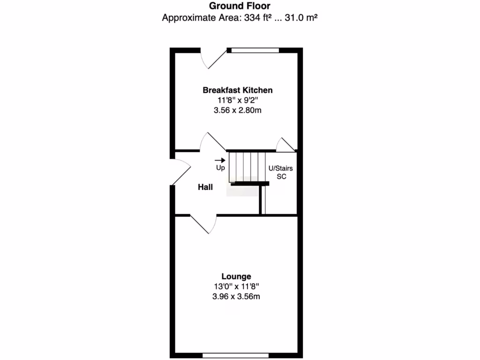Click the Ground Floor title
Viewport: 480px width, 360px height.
[x=240, y=6]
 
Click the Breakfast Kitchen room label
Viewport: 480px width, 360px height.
[x=237, y=90]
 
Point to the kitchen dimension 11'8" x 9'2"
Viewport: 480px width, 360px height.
[x=237, y=100]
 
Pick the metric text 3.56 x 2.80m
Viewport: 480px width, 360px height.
[x=237, y=111]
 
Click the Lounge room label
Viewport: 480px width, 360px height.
[x=236, y=277]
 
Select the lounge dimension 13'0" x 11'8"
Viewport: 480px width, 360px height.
[x=236, y=286]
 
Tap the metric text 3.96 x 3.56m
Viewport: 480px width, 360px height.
[x=236, y=296]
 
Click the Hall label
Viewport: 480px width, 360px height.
[x=205, y=187]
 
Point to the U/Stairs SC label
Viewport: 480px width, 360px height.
[x=280, y=172]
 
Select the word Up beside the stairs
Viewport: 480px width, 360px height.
[x=220, y=168]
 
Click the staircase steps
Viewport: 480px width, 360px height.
[x=247, y=166]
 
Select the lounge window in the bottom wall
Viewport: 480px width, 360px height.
[x=236, y=356]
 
